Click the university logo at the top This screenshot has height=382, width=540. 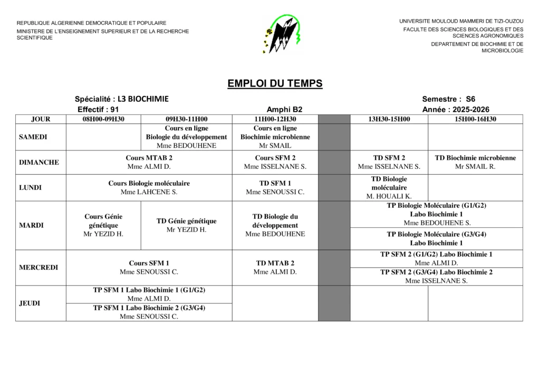coord(282,34)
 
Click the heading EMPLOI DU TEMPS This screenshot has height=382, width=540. coord(275,83)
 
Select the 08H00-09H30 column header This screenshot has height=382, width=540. coord(103,119)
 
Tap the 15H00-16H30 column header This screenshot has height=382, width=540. coord(475,119)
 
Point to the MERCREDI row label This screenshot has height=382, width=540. coord(38,268)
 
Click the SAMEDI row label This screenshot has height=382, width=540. coord(33,137)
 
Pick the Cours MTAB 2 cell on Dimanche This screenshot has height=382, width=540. coord(149,162)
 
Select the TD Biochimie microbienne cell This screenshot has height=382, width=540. coord(475,162)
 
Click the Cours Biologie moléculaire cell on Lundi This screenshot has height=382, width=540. coord(149,187)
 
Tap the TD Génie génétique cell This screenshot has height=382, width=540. coord(186,225)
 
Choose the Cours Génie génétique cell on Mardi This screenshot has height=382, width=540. coord(103,225)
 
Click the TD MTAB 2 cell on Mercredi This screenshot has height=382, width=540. coord(275,268)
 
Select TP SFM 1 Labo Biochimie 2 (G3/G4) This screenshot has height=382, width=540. coord(149,312)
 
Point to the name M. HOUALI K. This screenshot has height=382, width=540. coord(389,196)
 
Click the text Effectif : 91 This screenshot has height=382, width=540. coord(98,109)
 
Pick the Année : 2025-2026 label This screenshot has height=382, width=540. coord(456,109)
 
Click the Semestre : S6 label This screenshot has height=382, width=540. coord(448,99)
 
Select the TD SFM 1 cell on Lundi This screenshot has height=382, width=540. coord(275,187)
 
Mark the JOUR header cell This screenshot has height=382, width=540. coord(41,119)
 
